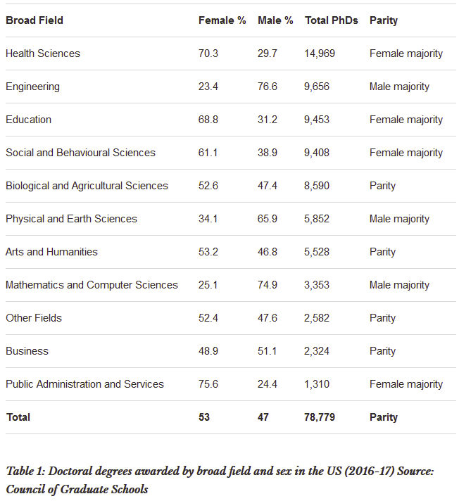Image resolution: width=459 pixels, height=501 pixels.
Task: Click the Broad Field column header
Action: pos(34,20)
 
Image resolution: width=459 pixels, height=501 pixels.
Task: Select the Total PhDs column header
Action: pos(332,20)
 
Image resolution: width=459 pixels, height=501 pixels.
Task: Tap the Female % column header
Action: pos(222,20)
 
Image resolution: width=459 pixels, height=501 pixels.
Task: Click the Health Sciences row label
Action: pos(43,53)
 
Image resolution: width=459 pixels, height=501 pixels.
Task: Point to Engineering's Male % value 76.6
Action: pos(268,87)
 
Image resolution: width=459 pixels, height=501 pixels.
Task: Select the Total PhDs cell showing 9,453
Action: pos(317,120)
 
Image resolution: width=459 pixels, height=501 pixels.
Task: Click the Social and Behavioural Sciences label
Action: pos(80,153)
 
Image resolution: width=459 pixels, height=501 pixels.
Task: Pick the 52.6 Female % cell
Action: pos(208,186)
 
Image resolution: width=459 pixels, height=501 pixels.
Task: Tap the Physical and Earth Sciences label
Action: pos(71,219)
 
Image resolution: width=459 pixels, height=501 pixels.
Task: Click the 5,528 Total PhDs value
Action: pos(317,252)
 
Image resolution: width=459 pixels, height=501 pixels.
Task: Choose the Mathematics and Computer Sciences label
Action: pos(92,285)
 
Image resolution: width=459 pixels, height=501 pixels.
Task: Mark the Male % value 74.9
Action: pos(268,285)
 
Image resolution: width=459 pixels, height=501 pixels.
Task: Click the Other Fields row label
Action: pos(34,318)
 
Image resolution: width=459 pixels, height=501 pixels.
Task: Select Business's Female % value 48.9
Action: pos(208,351)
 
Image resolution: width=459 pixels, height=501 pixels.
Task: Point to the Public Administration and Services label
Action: pos(84,384)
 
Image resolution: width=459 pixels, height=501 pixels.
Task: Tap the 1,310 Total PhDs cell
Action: pos(317,384)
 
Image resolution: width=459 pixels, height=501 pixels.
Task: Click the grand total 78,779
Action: pos(320,417)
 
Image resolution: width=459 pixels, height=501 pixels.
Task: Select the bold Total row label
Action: pos(18,417)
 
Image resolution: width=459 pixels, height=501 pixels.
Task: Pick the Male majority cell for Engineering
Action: pos(400,87)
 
